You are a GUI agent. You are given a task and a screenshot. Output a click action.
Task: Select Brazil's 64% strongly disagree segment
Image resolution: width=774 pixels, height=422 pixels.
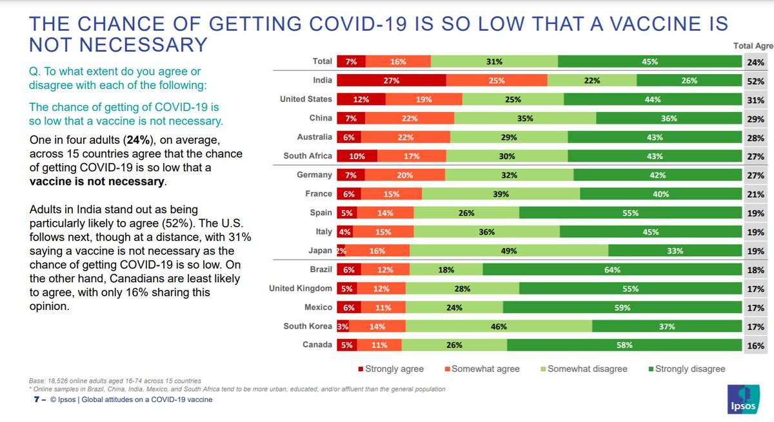point(612,270)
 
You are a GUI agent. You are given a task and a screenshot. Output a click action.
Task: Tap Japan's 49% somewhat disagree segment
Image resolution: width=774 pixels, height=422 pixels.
point(509,251)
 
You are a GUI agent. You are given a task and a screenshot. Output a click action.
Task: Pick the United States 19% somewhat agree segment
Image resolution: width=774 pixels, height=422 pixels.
point(424,100)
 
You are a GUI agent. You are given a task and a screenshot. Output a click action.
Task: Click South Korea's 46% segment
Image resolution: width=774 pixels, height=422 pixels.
point(499,327)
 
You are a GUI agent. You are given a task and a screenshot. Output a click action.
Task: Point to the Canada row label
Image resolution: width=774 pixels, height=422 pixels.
point(317,345)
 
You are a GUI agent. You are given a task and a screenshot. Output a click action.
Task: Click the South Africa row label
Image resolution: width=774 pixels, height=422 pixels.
point(308,156)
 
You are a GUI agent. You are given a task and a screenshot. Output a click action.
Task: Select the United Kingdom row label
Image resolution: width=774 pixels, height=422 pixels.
point(301,289)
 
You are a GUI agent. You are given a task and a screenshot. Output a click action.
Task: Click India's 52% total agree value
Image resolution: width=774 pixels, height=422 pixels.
point(756,81)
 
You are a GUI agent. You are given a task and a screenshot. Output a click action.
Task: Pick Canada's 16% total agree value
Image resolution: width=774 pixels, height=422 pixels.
point(756,345)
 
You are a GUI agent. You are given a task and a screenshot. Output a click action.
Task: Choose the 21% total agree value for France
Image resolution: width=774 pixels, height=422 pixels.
point(756,195)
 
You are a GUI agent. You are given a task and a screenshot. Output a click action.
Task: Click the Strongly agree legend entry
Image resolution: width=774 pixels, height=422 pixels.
point(390,369)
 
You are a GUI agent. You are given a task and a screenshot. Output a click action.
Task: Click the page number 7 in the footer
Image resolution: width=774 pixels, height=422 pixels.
point(36,399)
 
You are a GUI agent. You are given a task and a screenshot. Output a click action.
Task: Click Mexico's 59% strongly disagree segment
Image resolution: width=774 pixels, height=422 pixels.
point(622,308)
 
